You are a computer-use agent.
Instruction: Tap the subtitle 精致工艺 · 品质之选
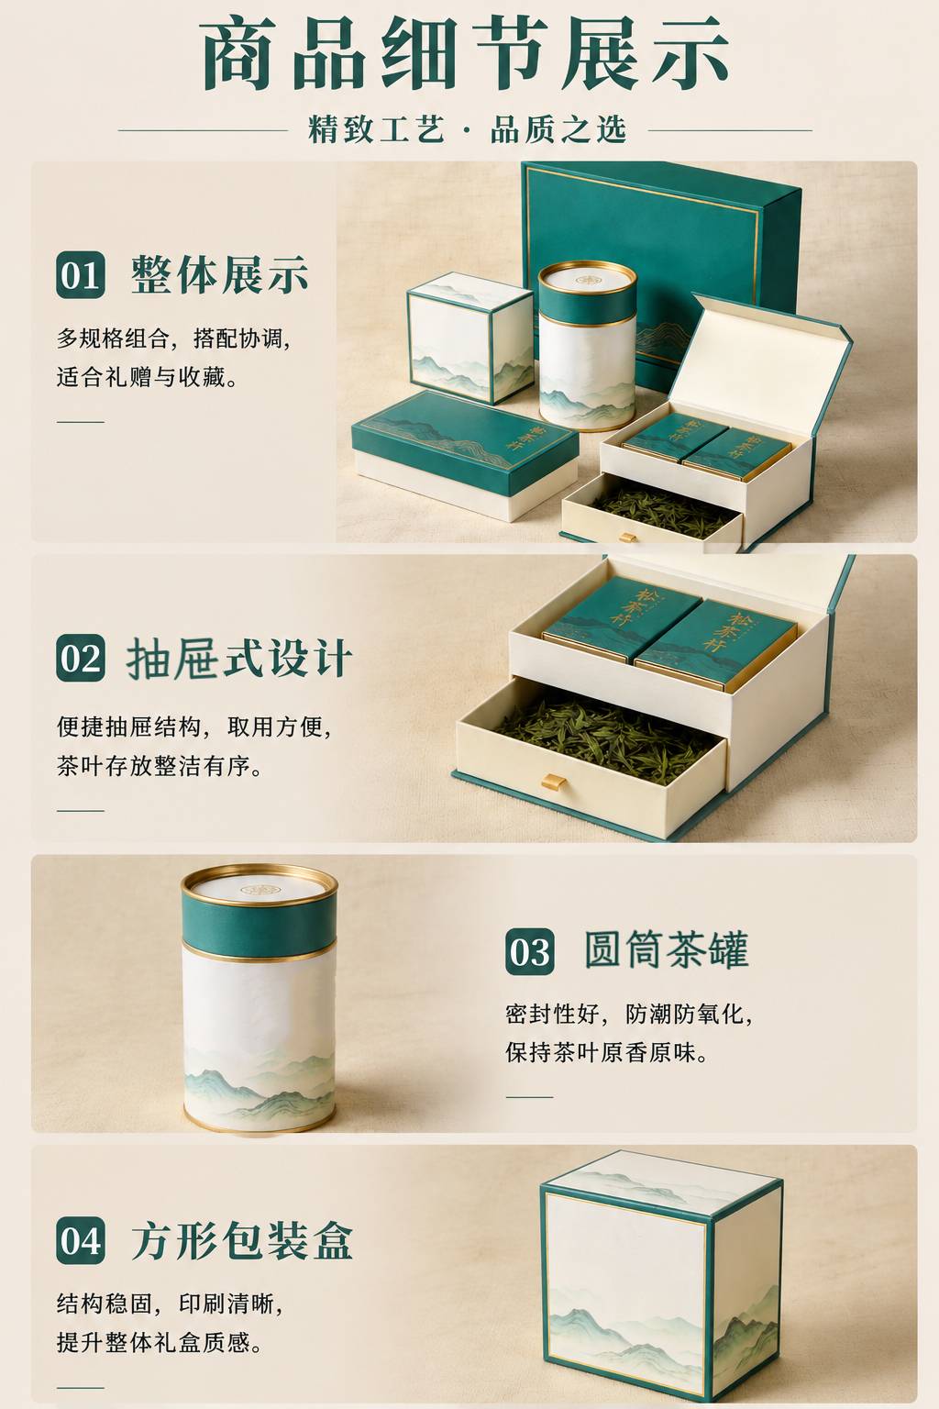click(467, 129)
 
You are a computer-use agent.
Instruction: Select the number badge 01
click(81, 275)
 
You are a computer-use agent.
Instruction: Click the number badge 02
click(81, 658)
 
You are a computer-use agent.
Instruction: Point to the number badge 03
click(530, 951)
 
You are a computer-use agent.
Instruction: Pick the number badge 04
click(81, 1240)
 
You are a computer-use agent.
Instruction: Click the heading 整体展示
click(219, 275)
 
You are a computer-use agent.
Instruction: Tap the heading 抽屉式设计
click(239, 658)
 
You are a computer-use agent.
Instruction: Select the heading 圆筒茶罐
click(667, 949)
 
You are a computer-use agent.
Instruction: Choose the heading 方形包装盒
click(241, 1240)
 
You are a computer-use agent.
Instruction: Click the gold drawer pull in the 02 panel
click(554, 782)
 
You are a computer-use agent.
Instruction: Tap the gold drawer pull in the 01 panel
click(627, 538)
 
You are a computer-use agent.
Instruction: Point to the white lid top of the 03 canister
click(260, 886)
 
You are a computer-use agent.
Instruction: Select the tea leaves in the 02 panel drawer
click(607, 733)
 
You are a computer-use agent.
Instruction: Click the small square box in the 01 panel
click(469, 338)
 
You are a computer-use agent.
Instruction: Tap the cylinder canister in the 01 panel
click(588, 346)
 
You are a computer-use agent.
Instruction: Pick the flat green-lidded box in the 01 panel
click(464, 454)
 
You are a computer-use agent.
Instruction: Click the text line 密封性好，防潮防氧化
click(630, 1014)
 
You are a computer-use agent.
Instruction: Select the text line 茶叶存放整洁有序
click(160, 766)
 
